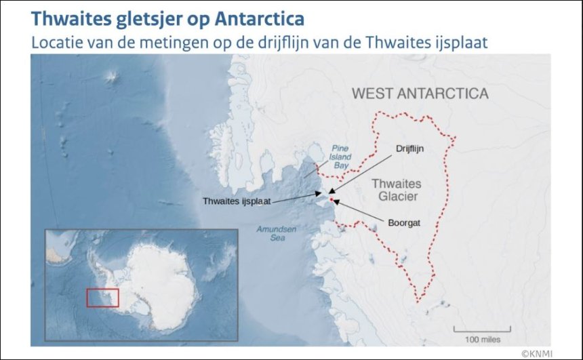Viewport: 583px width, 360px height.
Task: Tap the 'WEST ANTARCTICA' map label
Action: [420, 94]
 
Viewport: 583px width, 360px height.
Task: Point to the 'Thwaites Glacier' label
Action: [397, 190]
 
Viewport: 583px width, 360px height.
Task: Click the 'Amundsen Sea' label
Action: [276, 233]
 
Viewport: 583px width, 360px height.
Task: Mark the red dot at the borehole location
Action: [331, 200]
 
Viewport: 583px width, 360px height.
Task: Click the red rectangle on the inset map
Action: [102, 298]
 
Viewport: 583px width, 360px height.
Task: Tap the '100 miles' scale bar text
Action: [482, 338]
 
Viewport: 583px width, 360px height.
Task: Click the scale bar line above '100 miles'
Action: [482, 329]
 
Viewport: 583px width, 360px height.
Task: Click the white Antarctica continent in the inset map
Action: [159, 278]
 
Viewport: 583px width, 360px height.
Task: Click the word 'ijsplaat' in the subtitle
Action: [464, 41]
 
